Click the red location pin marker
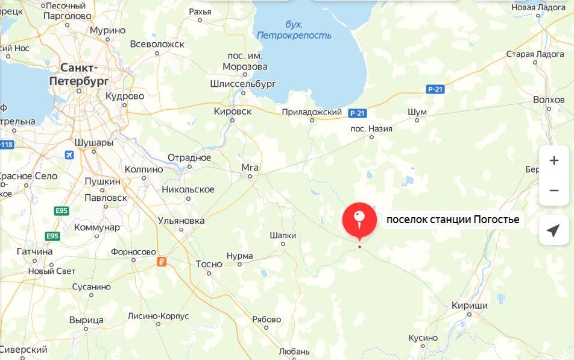pyautogui.click(x=359, y=219)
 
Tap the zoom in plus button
pyautogui.click(x=553, y=160)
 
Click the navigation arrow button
pyautogui.click(x=553, y=230)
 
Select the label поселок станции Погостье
pyautogui.click(x=452, y=219)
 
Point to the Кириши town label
pyautogui.click(x=470, y=306)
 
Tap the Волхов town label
pyautogui.click(x=549, y=99)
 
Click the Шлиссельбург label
pyautogui.click(x=243, y=84)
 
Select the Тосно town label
pyautogui.click(x=209, y=264)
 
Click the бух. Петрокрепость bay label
pyautogui.click(x=294, y=30)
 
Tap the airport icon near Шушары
pyautogui.click(x=69, y=155)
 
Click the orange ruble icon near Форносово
pyautogui.click(x=161, y=261)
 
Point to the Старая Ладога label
pyautogui.click(x=535, y=54)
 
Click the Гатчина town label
pyautogui.click(x=34, y=251)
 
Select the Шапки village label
pyautogui.click(x=283, y=235)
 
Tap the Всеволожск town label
pyautogui.click(x=157, y=44)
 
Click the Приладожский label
pyautogui.click(x=312, y=112)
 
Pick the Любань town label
pyautogui.click(x=295, y=351)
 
